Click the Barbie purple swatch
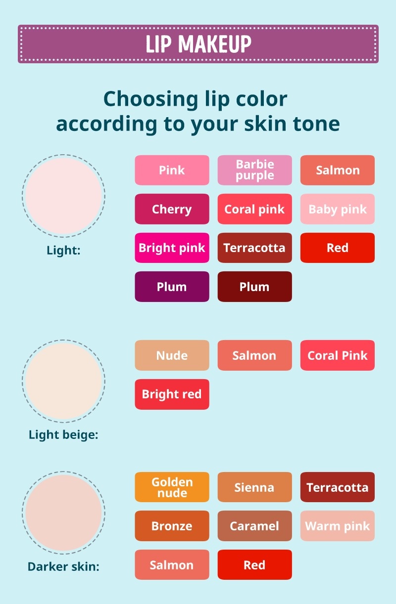[x=254, y=170]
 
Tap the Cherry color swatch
[x=172, y=209]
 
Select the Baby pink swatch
[x=337, y=209]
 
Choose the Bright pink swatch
[x=172, y=248]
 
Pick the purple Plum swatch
[x=172, y=287]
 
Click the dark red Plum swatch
[x=254, y=287]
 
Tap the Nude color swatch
[x=172, y=355]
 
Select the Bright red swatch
[x=172, y=394]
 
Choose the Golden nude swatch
[x=172, y=487]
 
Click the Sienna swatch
[x=254, y=487]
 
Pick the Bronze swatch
[x=172, y=526]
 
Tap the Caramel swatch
[x=254, y=526]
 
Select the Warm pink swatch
[x=337, y=526]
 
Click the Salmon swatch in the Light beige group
[x=254, y=355]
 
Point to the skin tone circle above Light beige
[x=63, y=381]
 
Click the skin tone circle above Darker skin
[x=63, y=513]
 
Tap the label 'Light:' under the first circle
[x=63, y=250]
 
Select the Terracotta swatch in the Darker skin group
[x=337, y=487]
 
